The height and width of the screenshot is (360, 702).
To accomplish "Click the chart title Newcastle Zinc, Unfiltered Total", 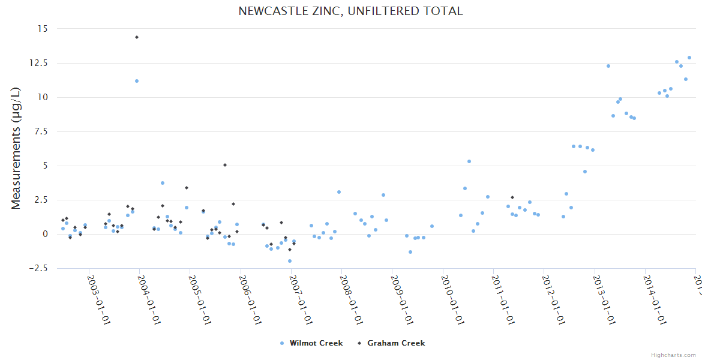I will (x=350, y=11).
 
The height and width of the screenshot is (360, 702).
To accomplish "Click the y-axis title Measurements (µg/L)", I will (x=16, y=148).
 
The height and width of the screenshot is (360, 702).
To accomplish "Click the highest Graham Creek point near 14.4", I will (x=137, y=37).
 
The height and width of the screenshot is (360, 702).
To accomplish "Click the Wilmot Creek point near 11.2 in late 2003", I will (x=137, y=81).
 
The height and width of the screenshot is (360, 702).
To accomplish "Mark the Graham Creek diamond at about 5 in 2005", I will (x=225, y=165).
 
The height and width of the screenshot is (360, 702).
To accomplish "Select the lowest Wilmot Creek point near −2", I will (x=290, y=261).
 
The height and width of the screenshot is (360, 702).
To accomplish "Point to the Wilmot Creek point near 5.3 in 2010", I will (x=469, y=161).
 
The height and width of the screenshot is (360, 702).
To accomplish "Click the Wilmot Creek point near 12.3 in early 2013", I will (x=608, y=66).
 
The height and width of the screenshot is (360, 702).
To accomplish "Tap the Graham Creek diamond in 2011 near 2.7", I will (x=512, y=197).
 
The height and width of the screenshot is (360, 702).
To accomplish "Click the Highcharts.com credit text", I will (x=673, y=355).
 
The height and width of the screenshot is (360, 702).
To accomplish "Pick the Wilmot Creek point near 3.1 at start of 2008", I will (x=339, y=192).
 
